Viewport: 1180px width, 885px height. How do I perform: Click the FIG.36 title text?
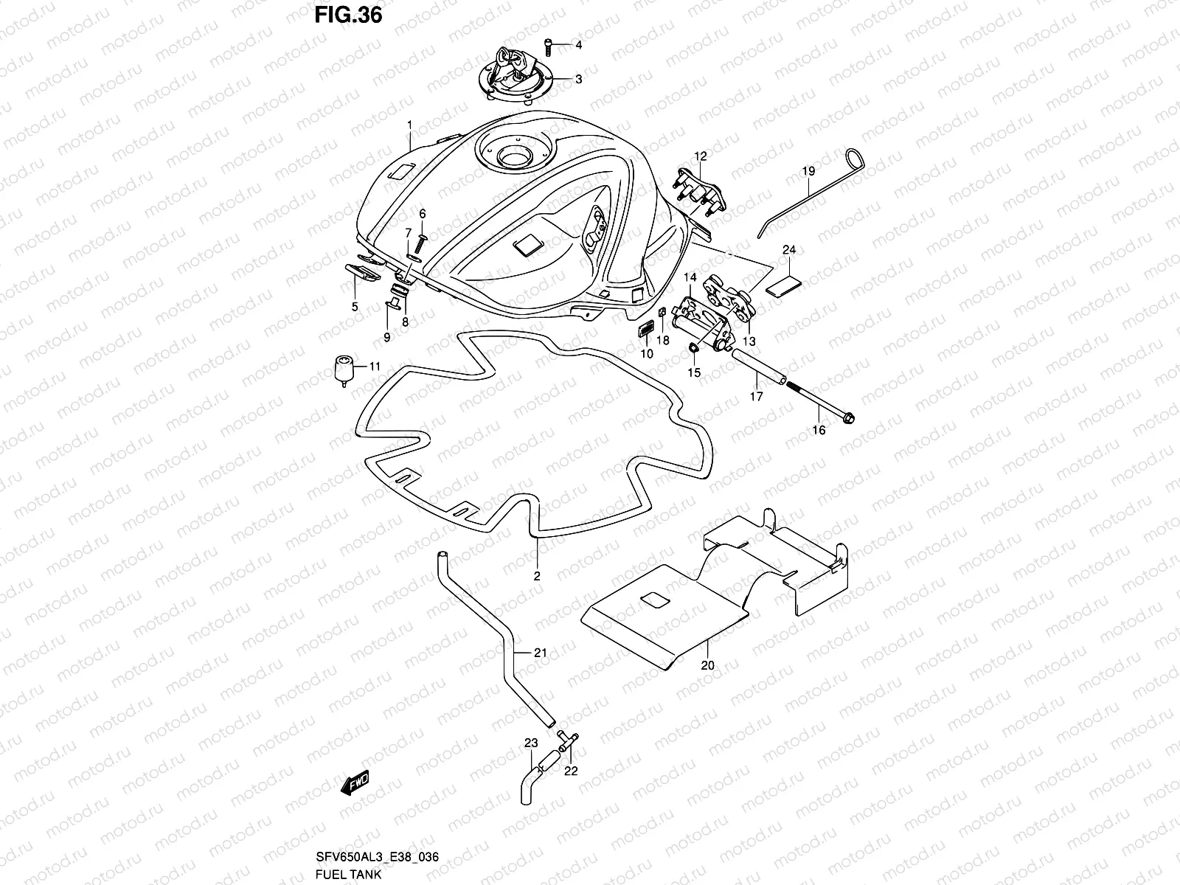[348, 15]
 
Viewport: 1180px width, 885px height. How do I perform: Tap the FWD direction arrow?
[354, 783]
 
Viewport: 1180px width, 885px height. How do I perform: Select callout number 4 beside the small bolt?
[579, 45]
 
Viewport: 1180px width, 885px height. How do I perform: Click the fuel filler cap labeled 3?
[523, 74]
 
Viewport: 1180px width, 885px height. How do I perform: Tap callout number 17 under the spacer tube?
[757, 396]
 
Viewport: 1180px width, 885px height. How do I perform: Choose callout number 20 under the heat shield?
[708, 664]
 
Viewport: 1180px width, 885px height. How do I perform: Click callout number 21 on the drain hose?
[541, 652]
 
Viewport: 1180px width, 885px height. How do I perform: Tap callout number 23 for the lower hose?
[531, 743]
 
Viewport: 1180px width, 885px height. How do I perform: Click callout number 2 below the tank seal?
[537, 576]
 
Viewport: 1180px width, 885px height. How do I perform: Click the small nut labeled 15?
[695, 347]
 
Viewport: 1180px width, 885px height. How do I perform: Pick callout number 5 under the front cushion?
[355, 306]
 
